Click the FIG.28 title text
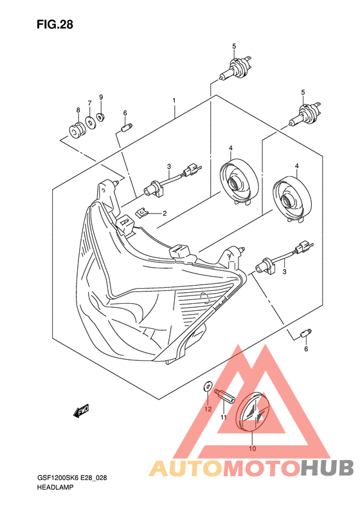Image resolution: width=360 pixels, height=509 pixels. [55, 24]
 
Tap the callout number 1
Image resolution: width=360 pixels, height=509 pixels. [174, 100]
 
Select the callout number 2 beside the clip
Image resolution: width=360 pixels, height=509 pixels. [165, 213]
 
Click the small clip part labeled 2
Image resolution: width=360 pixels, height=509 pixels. [141, 213]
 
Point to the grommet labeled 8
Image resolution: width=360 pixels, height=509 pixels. [77, 129]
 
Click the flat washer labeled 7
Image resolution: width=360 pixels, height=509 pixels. [90, 122]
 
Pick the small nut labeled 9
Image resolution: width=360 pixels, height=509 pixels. [100, 116]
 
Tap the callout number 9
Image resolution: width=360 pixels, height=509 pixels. [101, 97]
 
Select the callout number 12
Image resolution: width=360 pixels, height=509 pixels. [208, 409]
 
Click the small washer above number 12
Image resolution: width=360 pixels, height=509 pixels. [207, 386]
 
